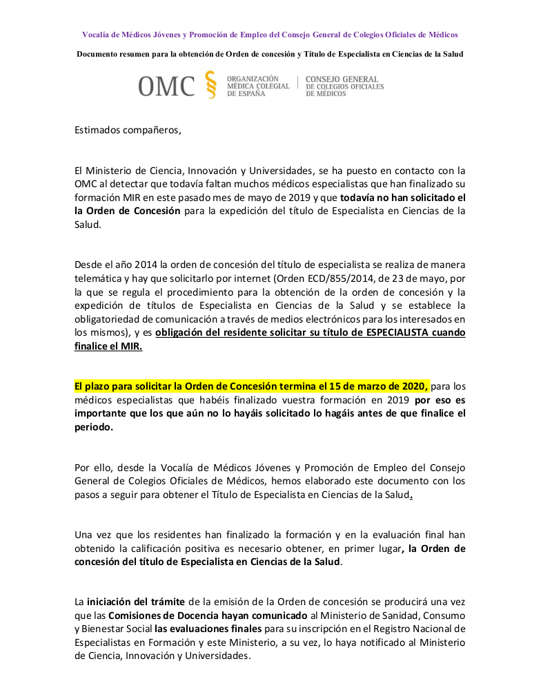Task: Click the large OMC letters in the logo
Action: point(166,86)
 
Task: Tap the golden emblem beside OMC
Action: point(211,85)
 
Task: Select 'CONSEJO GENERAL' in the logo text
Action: point(342,79)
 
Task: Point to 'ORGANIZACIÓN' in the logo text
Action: point(253,79)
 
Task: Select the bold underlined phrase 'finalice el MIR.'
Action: point(108,346)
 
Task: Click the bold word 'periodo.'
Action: point(93,427)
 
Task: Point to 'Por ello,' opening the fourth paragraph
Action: point(93,467)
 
